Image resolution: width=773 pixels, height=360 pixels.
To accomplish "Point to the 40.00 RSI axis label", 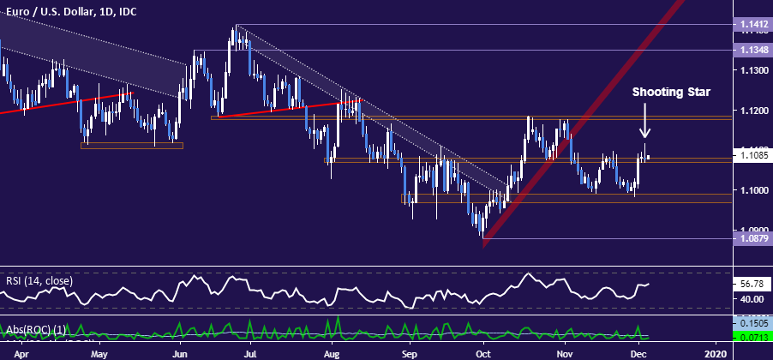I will coord(752,299).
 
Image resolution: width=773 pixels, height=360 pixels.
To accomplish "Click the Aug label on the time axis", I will coord(333,352).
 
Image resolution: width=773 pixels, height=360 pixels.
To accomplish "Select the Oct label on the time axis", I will coord(484,352).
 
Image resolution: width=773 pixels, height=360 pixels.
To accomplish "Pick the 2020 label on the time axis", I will coord(715,352).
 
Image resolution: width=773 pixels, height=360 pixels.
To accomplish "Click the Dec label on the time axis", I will coord(637,352).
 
